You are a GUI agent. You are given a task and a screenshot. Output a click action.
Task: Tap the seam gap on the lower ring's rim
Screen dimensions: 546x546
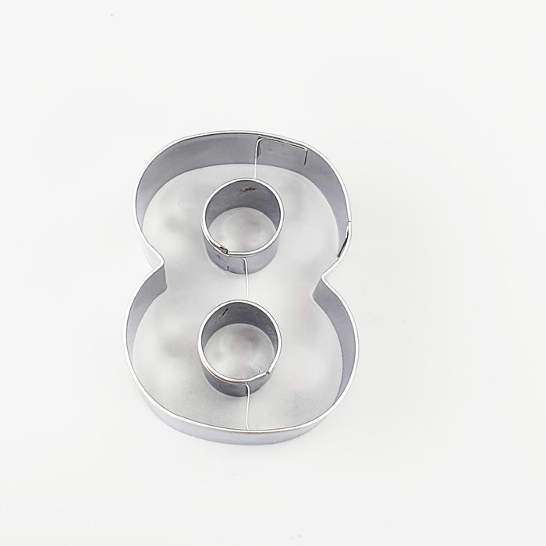(x=249, y=381)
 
